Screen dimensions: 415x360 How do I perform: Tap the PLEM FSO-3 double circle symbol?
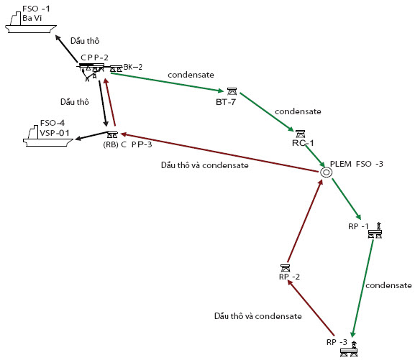click(326, 172)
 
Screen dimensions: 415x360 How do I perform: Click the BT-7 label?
click(226, 102)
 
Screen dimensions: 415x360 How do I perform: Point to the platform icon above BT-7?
click(232, 91)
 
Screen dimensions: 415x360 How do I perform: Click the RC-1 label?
click(303, 143)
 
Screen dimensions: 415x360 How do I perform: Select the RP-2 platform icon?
click(285, 268)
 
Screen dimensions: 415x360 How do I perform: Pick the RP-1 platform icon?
click(375, 231)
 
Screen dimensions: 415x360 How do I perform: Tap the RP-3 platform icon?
click(349, 349)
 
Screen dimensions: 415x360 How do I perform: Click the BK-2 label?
click(133, 67)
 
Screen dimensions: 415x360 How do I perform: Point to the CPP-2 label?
click(94, 57)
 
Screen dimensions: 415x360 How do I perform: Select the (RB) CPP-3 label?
click(127, 144)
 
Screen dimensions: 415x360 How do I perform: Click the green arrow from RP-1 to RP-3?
click(362, 289)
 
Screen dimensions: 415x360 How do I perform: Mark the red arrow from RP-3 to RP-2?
click(311, 308)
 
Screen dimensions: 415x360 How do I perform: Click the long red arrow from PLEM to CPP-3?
click(219, 153)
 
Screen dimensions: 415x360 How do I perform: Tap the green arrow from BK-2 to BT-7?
click(168, 82)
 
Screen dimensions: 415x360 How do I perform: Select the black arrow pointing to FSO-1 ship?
click(66, 49)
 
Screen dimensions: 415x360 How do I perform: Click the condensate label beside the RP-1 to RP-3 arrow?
click(388, 285)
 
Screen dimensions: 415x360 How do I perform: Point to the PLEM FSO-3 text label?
click(357, 164)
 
